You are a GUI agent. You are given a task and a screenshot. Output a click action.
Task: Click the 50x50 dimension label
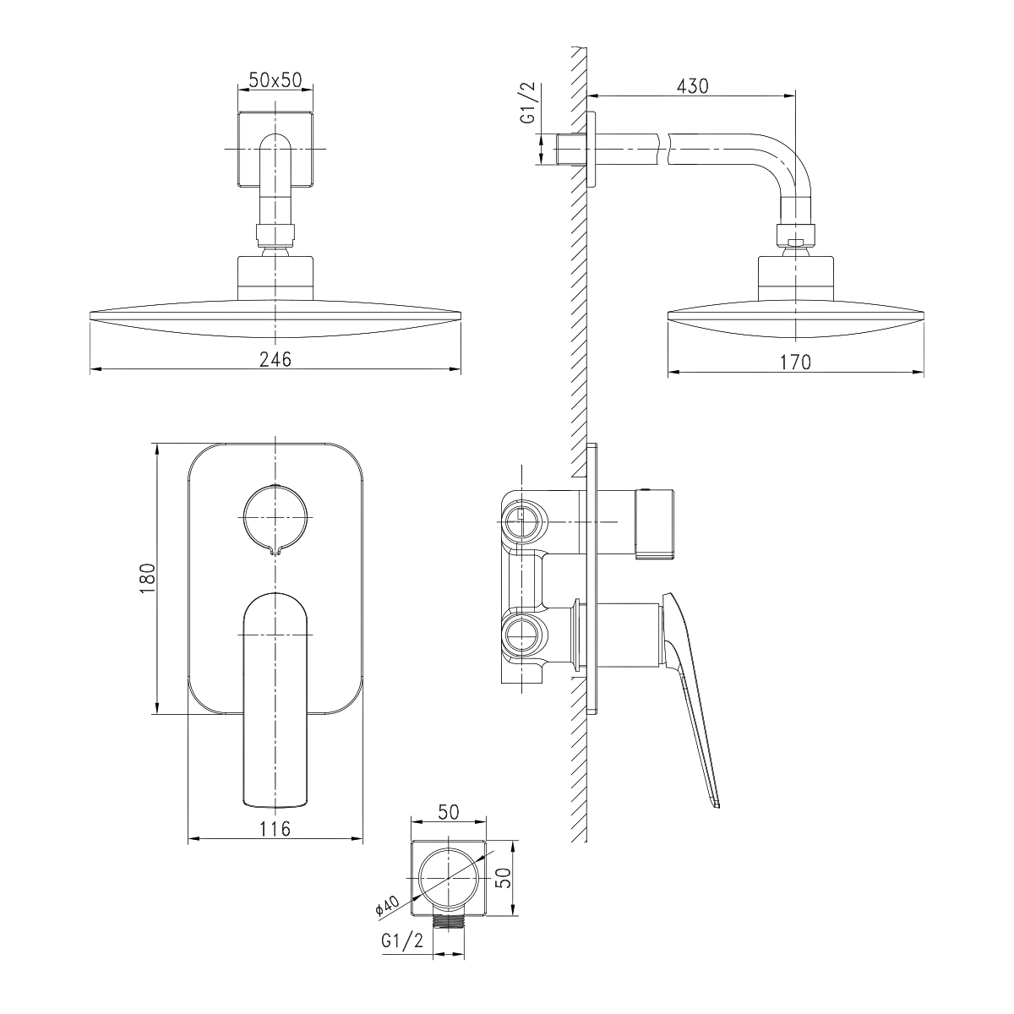[x=275, y=80]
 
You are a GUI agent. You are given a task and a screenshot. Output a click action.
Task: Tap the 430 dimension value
[x=692, y=86]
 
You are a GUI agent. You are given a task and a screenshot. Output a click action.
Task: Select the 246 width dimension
[x=275, y=359]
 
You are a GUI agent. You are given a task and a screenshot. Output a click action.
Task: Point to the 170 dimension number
[x=795, y=362]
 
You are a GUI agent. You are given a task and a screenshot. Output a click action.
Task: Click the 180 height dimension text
[x=149, y=579]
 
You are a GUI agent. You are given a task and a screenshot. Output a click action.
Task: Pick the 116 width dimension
[x=275, y=829]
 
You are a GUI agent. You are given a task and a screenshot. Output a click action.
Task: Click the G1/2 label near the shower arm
[x=527, y=103]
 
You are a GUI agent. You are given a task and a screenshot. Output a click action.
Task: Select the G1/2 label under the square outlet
[x=402, y=955]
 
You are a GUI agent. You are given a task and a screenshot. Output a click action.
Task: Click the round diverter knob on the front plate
[x=275, y=519]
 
